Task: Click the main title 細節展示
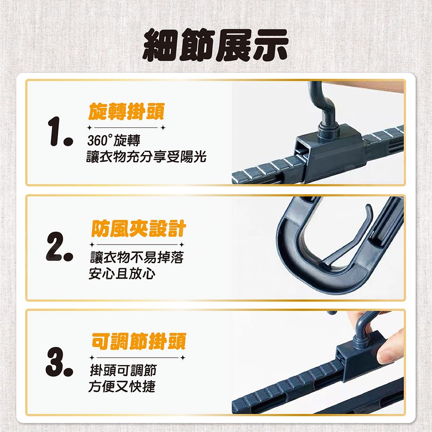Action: click(215, 45)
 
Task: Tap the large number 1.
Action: click(60, 131)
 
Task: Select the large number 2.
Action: click(60, 247)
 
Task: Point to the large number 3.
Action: click(60, 362)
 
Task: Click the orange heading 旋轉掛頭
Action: click(127, 111)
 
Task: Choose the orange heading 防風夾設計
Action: click(139, 229)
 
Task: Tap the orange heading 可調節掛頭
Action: click(139, 341)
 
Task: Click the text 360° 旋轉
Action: click(114, 140)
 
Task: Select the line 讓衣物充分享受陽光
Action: click(146, 157)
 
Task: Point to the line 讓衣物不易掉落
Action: click(137, 257)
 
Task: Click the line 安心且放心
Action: click(122, 273)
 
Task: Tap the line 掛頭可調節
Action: click(123, 370)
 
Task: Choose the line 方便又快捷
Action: click(122, 386)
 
